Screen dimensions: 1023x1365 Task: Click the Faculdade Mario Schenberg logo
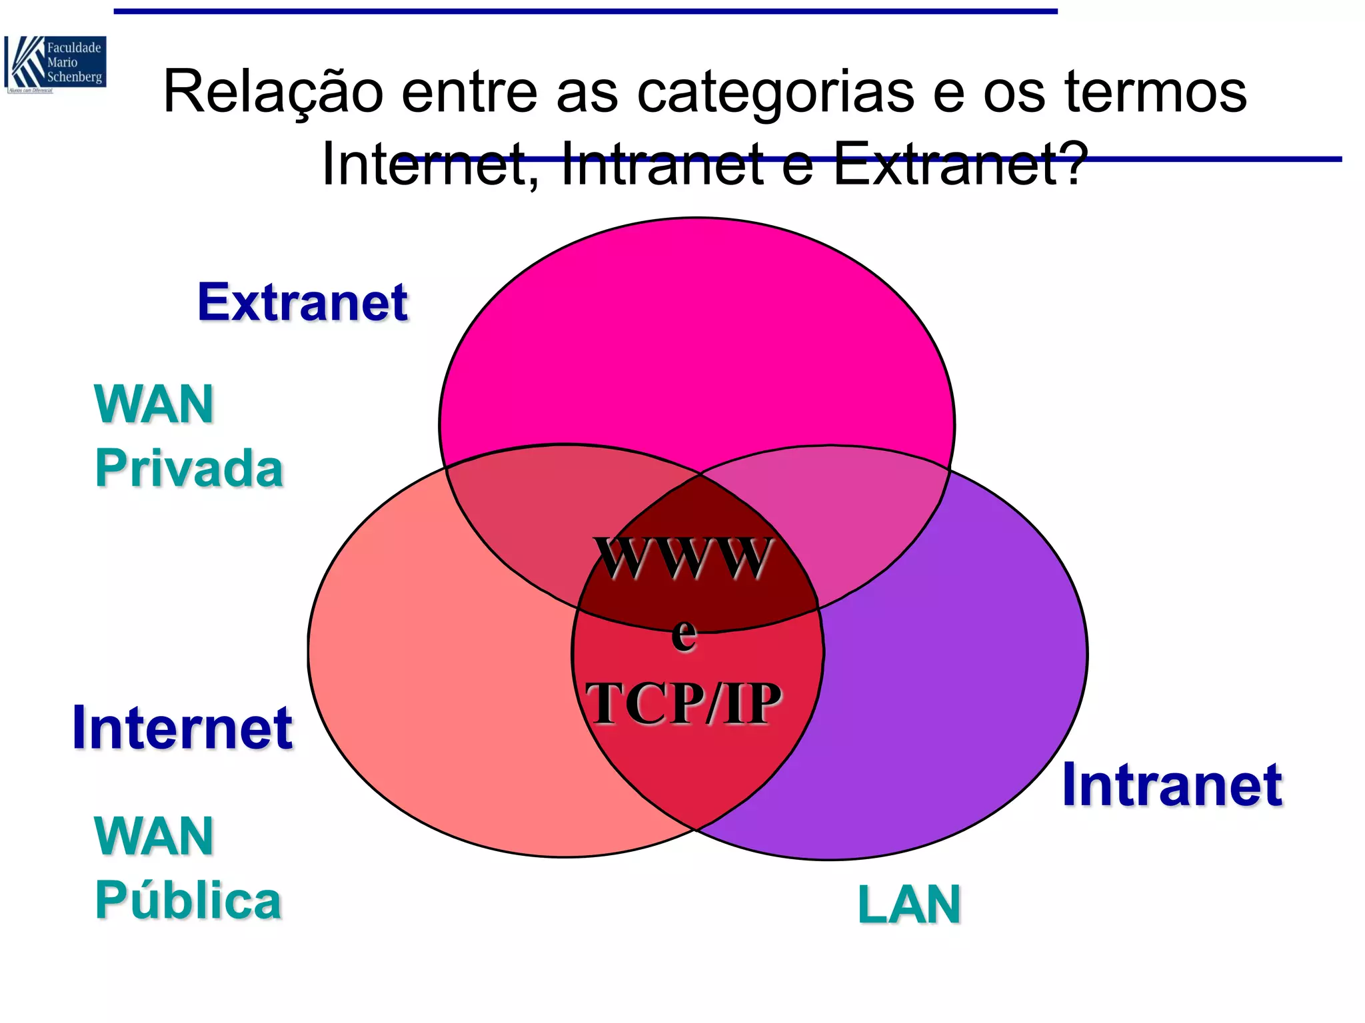point(55,64)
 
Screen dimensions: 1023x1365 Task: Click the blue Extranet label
point(303,302)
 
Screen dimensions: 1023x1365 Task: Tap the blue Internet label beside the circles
point(182,728)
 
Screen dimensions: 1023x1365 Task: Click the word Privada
point(189,468)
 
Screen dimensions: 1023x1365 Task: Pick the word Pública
point(189,900)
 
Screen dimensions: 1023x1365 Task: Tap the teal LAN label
point(909,904)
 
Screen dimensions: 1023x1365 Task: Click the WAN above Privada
point(154,404)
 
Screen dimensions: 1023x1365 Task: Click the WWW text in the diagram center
point(683,558)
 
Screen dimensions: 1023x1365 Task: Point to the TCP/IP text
point(683,703)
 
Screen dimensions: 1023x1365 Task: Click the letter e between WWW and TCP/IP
point(684,634)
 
